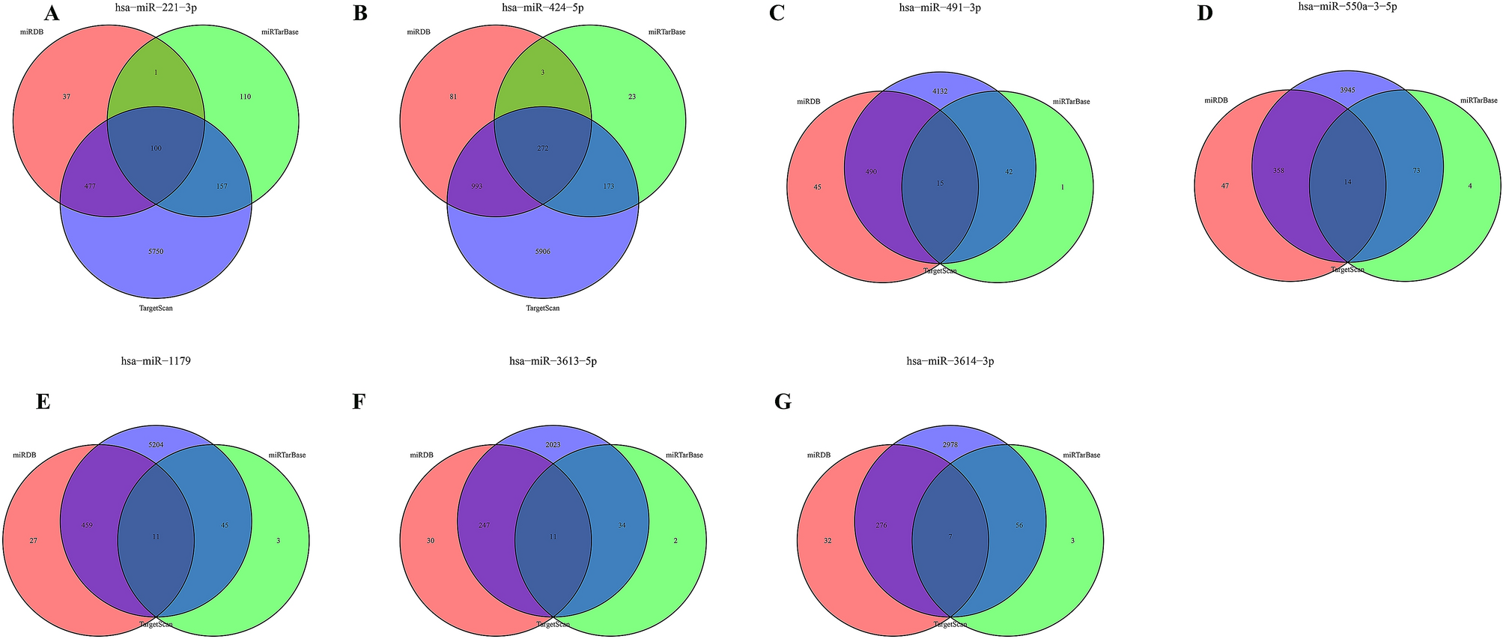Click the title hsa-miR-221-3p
[x=156, y=7]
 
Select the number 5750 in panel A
[x=156, y=252]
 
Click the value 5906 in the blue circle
[x=543, y=252]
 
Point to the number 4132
[x=940, y=91]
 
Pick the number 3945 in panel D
[x=1346, y=91]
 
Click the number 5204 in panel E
[x=156, y=445]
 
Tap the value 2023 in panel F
[x=553, y=445]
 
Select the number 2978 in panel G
[x=950, y=445]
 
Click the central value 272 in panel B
[x=543, y=148]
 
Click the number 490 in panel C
[x=871, y=172]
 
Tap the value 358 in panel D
[x=1278, y=172]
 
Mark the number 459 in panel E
[x=87, y=525]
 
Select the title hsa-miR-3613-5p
[x=553, y=361]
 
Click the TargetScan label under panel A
[x=156, y=308]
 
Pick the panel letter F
[x=359, y=403]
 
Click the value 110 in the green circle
[x=245, y=97]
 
